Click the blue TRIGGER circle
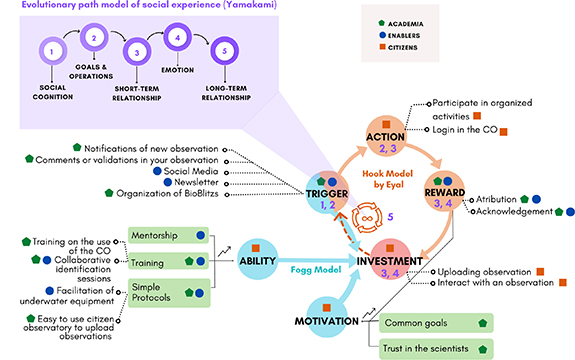coord(325,196)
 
